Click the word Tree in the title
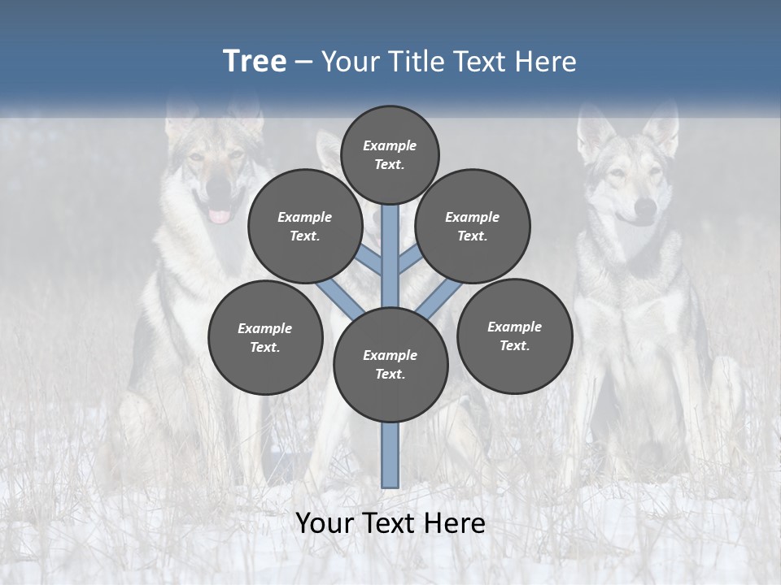point(255,62)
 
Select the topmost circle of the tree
point(390,154)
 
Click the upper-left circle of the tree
point(305,226)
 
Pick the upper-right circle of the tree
point(473,226)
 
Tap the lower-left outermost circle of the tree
point(265,337)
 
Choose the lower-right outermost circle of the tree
point(514,336)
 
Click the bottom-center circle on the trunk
point(390,364)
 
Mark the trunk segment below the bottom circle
point(390,455)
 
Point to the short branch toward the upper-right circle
point(410,260)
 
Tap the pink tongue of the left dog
point(220,216)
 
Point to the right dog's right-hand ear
point(661,130)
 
